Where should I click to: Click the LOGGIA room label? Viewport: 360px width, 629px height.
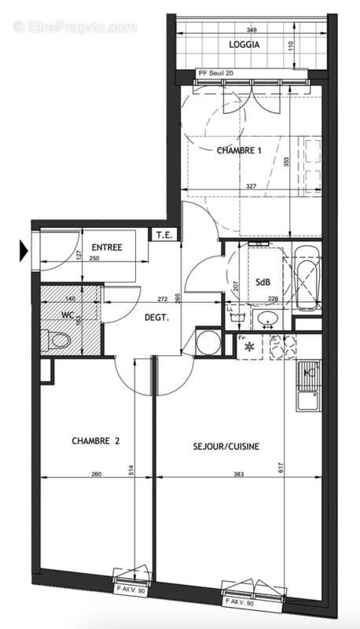pyautogui.click(x=244, y=45)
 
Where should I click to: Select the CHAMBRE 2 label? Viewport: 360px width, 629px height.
pyautogui.click(x=94, y=442)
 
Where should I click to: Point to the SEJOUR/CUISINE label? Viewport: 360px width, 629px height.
pyautogui.click(x=226, y=446)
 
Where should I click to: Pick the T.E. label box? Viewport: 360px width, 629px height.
pyautogui.click(x=163, y=235)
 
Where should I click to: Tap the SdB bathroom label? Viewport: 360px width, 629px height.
pyautogui.click(x=263, y=282)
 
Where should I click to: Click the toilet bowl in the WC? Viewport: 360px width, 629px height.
pyautogui.click(x=57, y=340)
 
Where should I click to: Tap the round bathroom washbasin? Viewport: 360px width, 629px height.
pyautogui.click(x=267, y=320)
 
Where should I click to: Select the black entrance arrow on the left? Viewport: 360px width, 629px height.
pyautogui.click(x=24, y=252)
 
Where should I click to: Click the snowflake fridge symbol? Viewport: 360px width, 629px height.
pyautogui.click(x=251, y=346)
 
